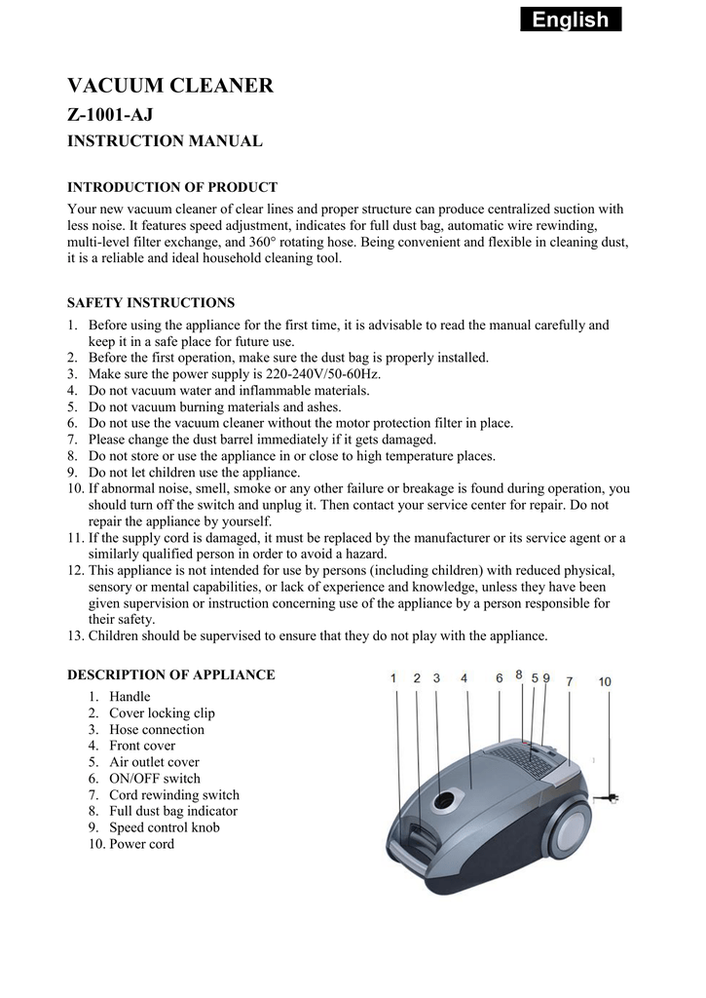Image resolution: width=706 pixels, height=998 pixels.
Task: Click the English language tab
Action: point(570,19)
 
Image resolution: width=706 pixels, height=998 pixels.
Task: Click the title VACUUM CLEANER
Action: point(169,86)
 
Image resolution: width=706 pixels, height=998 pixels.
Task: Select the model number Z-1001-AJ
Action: point(110,115)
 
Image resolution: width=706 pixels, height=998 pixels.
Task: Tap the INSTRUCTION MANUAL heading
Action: point(164,141)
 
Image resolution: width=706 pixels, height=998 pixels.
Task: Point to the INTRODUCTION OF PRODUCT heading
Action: point(171,187)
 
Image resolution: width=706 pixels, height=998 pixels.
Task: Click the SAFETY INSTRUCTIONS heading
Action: point(150,302)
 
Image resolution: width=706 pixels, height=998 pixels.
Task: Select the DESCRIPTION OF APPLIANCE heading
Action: point(170,674)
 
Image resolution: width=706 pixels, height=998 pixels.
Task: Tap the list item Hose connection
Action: point(156,730)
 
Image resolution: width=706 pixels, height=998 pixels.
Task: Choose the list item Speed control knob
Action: point(164,827)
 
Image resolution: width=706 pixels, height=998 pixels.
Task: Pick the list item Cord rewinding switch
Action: point(173,795)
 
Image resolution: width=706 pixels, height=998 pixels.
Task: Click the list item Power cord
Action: point(141,844)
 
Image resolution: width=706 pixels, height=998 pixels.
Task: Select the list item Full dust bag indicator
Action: point(172,811)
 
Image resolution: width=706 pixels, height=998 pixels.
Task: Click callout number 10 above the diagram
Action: point(605,682)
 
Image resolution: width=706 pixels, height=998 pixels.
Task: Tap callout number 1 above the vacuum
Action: point(393,678)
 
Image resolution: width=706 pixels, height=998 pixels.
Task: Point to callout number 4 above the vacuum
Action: point(464,678)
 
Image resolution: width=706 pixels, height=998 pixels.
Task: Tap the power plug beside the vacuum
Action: point(612,799)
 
